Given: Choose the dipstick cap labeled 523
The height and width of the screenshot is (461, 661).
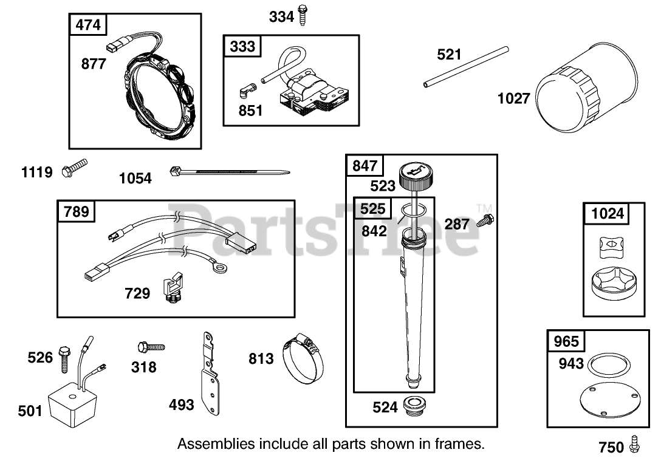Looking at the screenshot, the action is pos(417,177).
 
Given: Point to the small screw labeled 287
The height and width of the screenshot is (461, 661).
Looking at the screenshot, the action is pos(485,220).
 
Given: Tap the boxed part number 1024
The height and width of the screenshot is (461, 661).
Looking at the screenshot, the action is pos(607,214).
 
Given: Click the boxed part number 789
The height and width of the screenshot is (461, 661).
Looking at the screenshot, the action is pos(77,211).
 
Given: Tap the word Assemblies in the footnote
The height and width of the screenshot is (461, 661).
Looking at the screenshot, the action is pos(216,444).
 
